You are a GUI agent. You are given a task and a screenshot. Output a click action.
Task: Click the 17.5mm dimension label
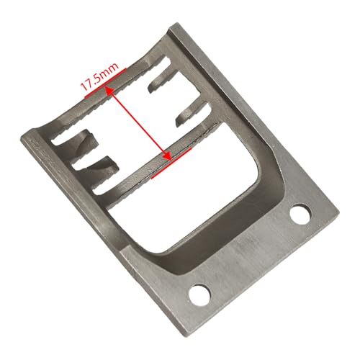[99, 77]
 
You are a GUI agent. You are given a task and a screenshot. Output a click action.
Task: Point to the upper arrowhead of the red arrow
[109, 91]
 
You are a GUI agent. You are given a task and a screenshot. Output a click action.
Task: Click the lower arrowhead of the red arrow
[167, 156]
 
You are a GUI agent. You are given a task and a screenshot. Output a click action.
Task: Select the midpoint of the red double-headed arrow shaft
[138, 124]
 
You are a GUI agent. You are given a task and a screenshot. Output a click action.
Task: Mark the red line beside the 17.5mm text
[106, 83]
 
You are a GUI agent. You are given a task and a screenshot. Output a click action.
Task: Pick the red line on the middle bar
[171, 163]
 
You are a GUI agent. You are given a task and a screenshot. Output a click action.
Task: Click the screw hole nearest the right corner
[300, 214]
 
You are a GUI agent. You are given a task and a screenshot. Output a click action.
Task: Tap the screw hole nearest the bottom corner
[199, 295]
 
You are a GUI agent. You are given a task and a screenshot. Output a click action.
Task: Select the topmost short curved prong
[161, 81]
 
